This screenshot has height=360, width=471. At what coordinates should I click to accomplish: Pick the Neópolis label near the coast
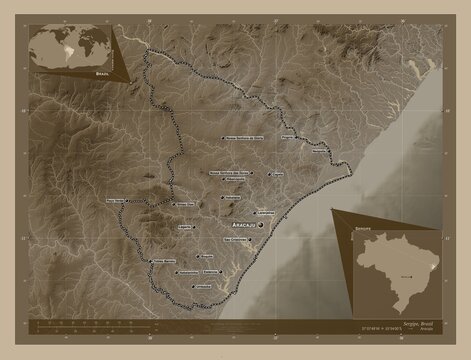point(318,153)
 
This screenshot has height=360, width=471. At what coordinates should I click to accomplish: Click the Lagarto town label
point(185,227)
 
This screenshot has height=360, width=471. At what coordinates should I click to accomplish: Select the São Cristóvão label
point(235,240)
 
